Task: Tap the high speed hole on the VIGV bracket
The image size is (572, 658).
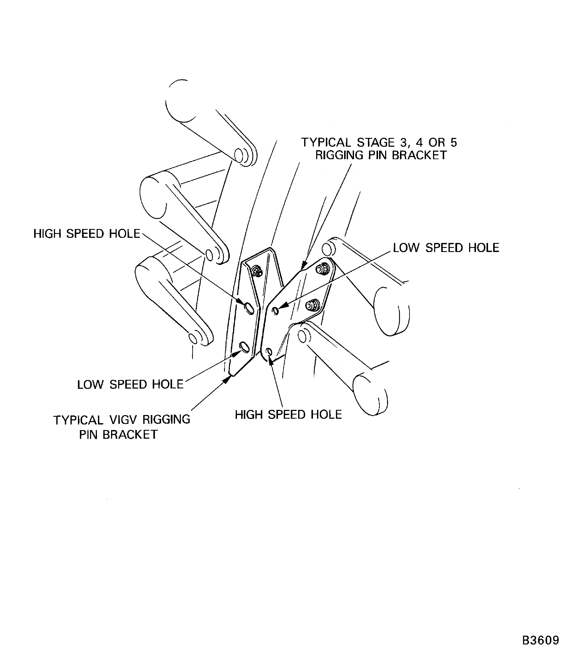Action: click(x=249, y=308)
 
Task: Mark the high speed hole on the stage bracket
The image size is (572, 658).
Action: click(x=269, y=352)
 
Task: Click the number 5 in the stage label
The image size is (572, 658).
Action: click(x=454, y=142)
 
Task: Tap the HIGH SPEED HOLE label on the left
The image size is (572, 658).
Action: click(x=87, y=234)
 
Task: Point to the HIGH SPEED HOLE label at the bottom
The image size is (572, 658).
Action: click(x=288, y=415)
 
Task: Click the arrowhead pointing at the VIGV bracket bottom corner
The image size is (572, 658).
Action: click(x=227, y=379)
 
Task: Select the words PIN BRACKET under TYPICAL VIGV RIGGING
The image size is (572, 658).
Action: click(x=118, y=435)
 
